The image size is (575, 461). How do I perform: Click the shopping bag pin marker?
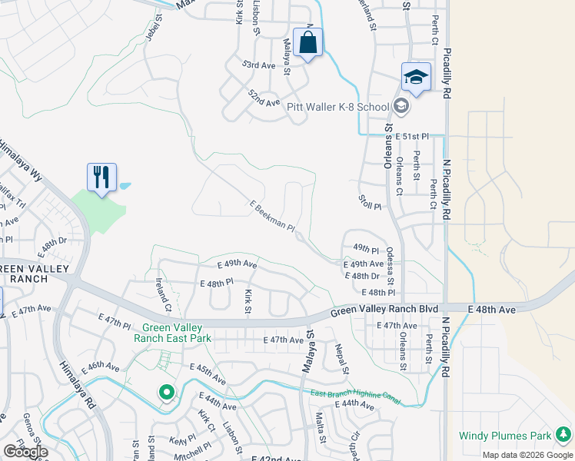[307, 44]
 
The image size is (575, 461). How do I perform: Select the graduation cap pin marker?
[416, 78]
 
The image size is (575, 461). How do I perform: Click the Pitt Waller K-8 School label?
[339, 106]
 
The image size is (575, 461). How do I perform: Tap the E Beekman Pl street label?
[272, 215]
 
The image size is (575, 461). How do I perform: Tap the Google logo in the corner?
[25, 452]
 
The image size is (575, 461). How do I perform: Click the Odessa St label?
[390, 263]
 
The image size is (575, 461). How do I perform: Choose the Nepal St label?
[342, 357]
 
